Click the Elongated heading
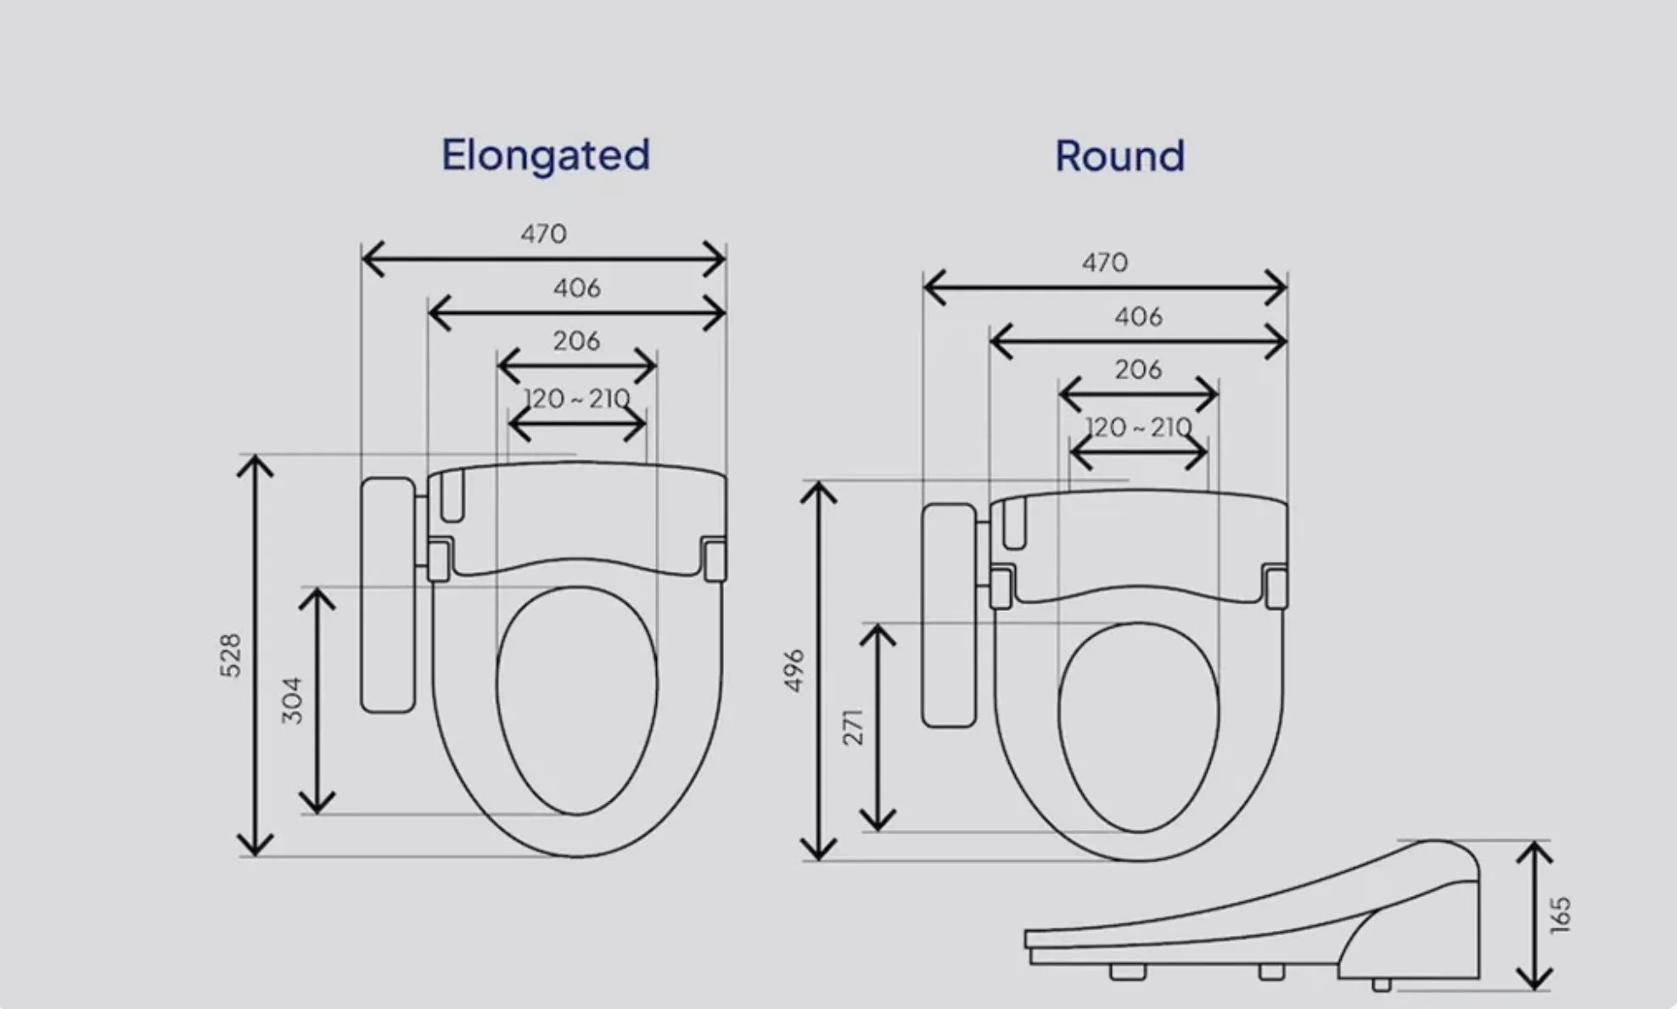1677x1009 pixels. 545,155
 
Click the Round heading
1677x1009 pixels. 1119,157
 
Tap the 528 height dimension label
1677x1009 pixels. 231,655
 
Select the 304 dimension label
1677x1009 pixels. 292,700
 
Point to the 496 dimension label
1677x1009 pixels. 794,670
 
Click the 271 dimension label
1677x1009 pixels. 853,727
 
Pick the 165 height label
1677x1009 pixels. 1561,916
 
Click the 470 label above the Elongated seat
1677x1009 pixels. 543,233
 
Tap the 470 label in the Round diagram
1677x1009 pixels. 1104,262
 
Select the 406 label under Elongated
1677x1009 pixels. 576,289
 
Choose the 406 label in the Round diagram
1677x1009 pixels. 1138,317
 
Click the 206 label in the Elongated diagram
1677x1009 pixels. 576,341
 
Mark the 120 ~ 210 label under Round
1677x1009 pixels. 1138,427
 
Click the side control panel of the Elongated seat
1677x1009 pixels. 388,594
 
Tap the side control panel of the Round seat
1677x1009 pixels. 950,615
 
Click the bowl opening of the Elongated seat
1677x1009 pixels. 576,700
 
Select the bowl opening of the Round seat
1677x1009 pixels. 1138,727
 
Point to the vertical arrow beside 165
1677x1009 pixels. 1534,915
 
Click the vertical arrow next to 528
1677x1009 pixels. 255,655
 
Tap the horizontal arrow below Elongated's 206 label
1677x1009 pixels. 576,367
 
